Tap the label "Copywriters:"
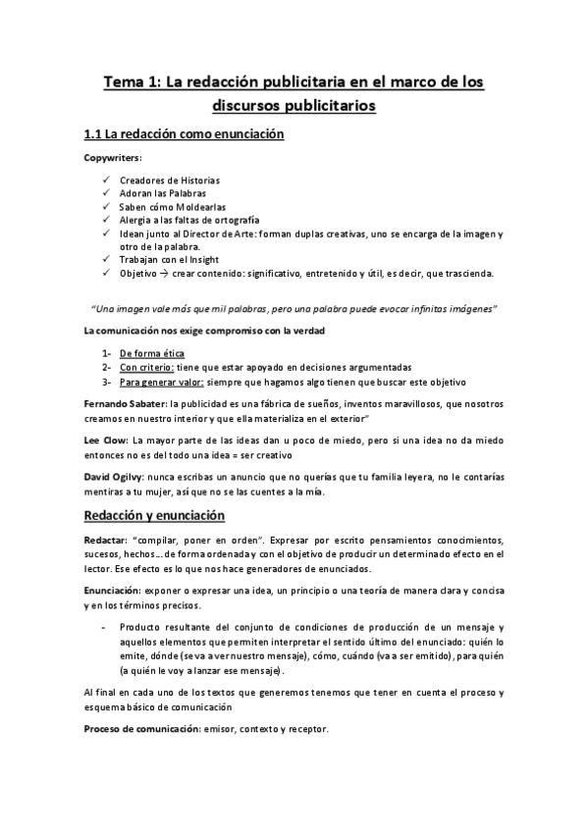pos(113,157)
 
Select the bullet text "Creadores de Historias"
pos(169,181)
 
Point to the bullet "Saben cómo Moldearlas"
pos(169,207)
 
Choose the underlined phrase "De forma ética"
pos(151,352)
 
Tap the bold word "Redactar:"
pos(107,542)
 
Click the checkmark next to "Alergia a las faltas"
pos(106,221)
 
